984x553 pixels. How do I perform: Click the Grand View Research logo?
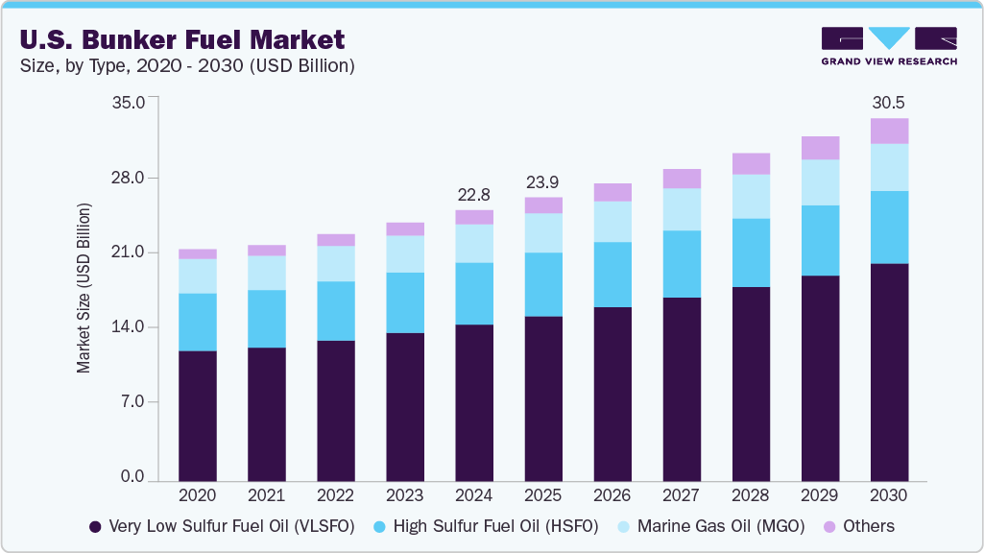(x=888, y=45)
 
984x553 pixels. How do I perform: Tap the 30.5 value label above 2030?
(x=888, y=103)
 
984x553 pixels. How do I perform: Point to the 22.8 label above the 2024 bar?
(x=473, y=195)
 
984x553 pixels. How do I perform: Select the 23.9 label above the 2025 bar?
(x=542, y=182)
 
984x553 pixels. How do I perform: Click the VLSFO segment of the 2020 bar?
(x=197, y=415)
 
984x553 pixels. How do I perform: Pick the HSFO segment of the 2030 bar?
(x=888, y=227)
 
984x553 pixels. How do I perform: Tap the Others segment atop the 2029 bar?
(x=819, y=147)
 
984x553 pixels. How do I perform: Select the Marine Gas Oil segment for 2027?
(x=681, y=209)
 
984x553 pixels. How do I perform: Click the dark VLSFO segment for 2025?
(x=542, y=397)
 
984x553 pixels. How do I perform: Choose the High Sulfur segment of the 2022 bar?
(x=335, y=310)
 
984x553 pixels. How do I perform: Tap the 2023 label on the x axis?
(x=404, y=495)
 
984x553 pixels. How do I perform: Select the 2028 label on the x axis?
(x=750, y=495)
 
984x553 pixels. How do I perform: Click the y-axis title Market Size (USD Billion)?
(x=84, y=288)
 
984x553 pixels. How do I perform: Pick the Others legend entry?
(x=859, y=526)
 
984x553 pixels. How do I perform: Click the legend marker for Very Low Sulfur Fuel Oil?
(x=94, y=527)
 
